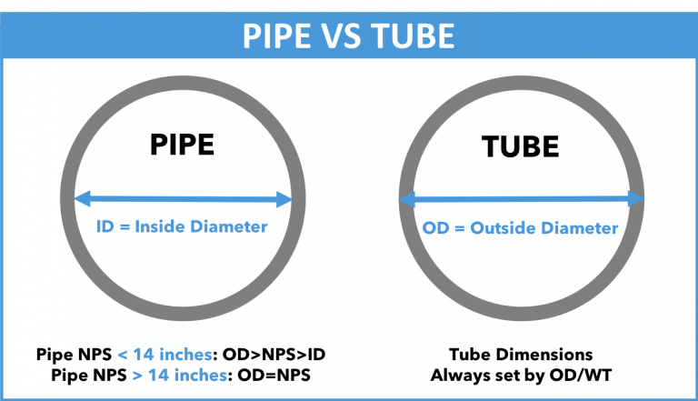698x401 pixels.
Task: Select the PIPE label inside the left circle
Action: pos(183,145)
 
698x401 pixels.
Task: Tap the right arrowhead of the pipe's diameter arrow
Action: pos(286,196)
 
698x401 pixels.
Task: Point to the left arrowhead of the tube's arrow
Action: pos(404,197)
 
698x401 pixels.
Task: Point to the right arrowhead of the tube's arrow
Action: pos(637,197)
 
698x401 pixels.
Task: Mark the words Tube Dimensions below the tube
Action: pos(521,354)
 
